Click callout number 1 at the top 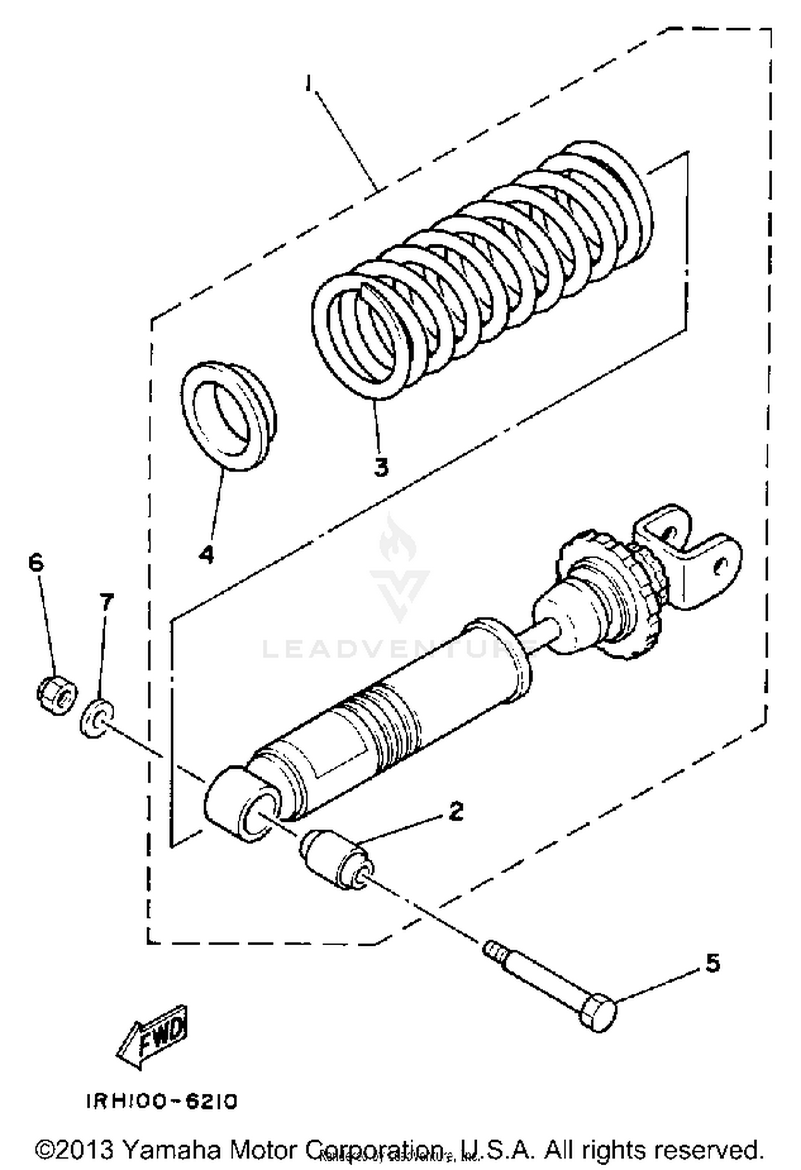tap(308, 84)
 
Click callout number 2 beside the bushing tap(455, 811)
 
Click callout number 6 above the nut tap(35, 563)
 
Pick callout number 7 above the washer tap(106, 603)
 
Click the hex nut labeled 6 tap(56, 695)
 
